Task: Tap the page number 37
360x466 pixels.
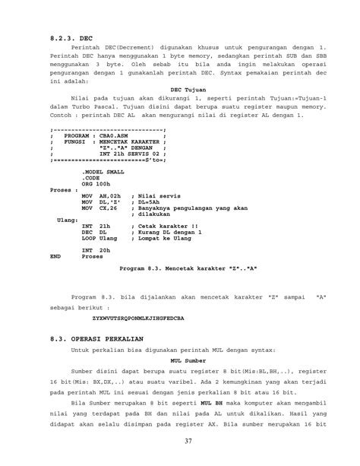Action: [179, 442]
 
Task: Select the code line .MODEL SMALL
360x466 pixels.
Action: [103, 173]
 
